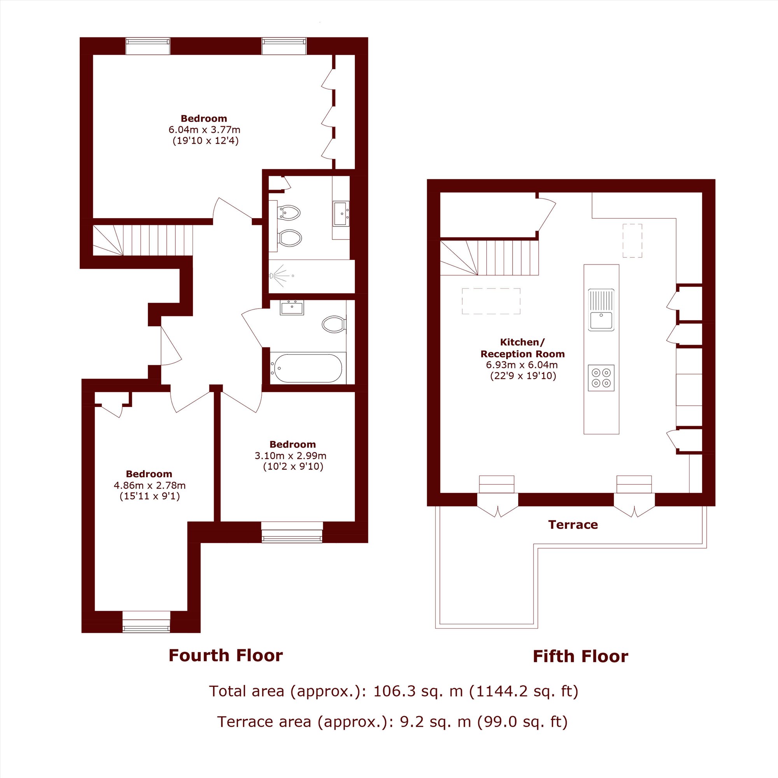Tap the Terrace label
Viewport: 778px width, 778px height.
click(573, 525)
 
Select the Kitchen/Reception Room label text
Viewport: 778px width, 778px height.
click(522, 348)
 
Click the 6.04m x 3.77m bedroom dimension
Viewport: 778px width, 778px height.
click(204, 130)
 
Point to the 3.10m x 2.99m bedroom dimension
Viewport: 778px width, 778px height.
click(290, 456)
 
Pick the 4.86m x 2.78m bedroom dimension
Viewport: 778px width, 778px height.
click(149, 485)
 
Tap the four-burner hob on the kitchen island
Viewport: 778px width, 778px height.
click(601, 378)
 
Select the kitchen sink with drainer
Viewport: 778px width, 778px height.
click(601, 310)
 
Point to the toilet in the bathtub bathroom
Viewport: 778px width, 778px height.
click(334, 324)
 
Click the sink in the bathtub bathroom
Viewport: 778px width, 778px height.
click(292, 308)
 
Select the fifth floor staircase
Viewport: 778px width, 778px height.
click(489, 258)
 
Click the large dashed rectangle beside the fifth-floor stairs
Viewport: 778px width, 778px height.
click(491, 301)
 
